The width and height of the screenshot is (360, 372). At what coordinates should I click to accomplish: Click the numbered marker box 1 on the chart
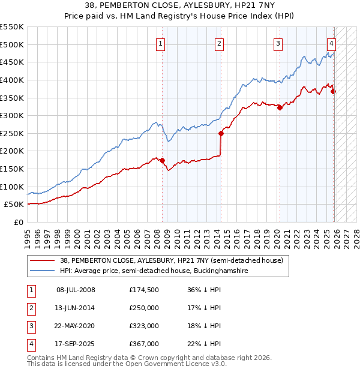161,43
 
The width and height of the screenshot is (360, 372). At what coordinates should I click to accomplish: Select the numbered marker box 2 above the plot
220,43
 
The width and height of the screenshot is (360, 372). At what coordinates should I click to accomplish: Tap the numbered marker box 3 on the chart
278,43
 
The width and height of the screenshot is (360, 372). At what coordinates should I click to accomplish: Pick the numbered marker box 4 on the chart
331,43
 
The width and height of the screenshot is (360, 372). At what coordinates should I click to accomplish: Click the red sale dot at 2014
221,133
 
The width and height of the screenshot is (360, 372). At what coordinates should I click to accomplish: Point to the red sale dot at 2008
162,160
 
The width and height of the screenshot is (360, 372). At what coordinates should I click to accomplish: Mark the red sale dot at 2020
280,107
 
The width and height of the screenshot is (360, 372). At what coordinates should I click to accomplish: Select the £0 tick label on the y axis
17,222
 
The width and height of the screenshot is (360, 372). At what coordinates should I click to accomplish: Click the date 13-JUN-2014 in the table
76,308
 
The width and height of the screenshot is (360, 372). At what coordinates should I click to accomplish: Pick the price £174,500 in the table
143,290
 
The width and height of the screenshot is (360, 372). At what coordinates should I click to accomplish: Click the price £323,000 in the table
143,326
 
